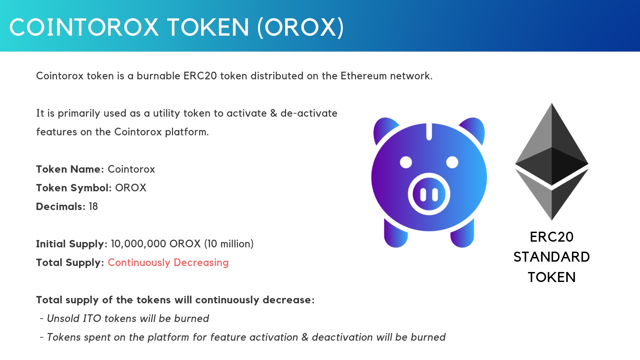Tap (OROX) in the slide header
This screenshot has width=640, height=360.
click(x=301, y=27)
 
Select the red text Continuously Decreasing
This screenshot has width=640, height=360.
click(x=168, y=263)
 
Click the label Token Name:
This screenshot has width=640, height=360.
click(x=70, y=169)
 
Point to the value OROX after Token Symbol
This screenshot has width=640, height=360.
click(x=131, y=188)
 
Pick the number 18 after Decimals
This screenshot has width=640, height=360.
click(x=93, y=207)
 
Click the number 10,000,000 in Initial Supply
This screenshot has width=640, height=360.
click(x=138, y=244)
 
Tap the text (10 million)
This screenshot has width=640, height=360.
click(x=229, y=244)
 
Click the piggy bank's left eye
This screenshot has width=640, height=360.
click(x=406, y=163)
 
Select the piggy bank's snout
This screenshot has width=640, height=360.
click(x=429, y=194)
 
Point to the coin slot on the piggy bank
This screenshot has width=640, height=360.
click(x=429, y=132)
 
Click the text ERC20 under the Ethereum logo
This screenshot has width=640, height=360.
click(x=552, y=237)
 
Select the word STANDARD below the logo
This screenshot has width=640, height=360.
click(x=552, y=257)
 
